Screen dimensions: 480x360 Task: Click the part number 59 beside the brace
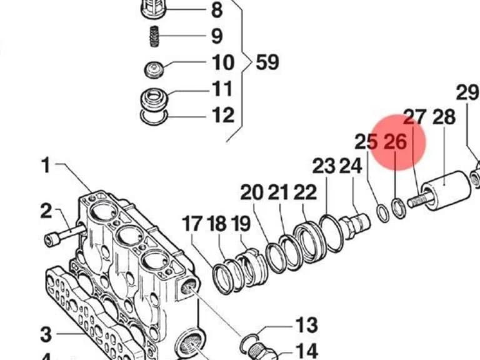tap(267, 62)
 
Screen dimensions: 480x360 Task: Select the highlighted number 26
tap(395, 142)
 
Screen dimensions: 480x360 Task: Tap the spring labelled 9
tap(154, 36)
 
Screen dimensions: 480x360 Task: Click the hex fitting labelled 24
tap(356, 225)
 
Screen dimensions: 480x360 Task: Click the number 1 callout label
tap(46, 165)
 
